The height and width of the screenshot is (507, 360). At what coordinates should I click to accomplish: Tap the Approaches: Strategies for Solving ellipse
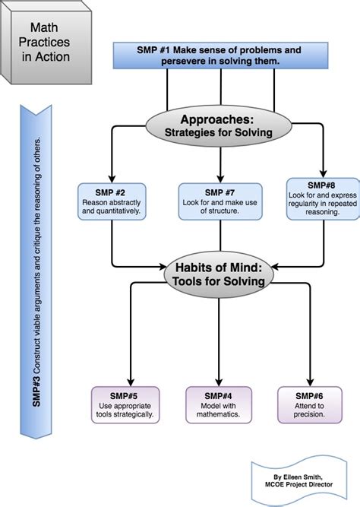(x=220, y=126)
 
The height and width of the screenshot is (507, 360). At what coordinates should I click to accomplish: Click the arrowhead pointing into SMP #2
(x=112, y=179)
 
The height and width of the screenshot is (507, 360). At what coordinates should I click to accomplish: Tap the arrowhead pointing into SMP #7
(x=220, y=179)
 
